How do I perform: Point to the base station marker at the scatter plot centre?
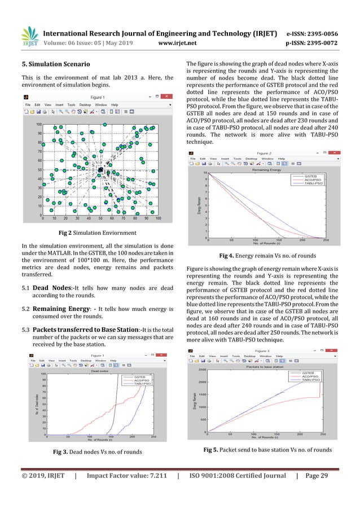[x=100, y=169]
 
